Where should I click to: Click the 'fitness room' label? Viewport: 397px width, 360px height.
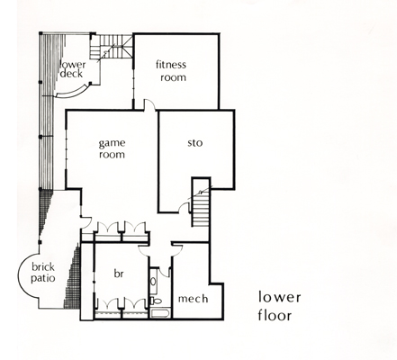(x=171, y=71)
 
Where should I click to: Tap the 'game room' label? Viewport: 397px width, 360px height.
(x=112, y=148)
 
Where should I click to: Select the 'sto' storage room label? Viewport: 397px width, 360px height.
(x=195, y=143)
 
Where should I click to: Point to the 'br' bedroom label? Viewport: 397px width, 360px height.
(x=119, y=274)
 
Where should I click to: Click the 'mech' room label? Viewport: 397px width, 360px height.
(x=193, y=299)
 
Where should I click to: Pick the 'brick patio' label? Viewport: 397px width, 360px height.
(x=43, y=273)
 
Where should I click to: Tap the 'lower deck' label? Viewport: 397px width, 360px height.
(x=73, y=69)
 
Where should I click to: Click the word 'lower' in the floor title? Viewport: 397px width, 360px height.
(x=279, y=297)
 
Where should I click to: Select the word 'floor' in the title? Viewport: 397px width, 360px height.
(x=275, y=315)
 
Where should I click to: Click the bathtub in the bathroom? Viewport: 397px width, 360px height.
(x=160, y=313)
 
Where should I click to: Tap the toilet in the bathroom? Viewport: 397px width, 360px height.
(x=156, y=301)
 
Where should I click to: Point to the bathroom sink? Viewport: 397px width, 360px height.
(x=153, y=282)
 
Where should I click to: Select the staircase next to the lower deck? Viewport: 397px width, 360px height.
(x=111, y=48)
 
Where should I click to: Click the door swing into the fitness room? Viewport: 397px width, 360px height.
(x=149, y=104)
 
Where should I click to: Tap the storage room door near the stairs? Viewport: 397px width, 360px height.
(x=184, y=208)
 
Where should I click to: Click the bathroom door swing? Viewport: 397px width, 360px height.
(x=164, y=272)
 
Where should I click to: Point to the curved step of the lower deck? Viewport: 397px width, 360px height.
(x=72, y=92)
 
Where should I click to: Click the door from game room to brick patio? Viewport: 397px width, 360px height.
(x=86, y=221)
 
